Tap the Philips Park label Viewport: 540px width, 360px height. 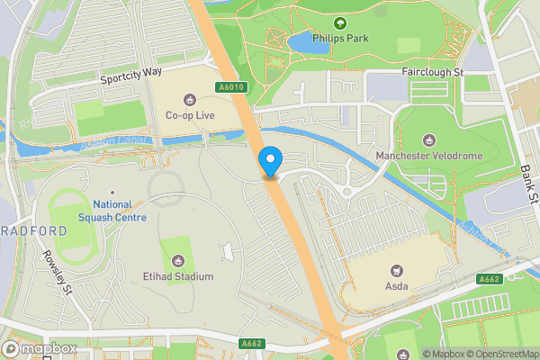(339, 40)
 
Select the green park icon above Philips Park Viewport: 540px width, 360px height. (339, 23)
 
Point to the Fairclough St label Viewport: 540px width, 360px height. (432, 71)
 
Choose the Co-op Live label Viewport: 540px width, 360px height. (189, 115)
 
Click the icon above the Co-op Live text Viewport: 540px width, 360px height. (189, 99)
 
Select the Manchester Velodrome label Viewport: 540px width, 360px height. (428, 156)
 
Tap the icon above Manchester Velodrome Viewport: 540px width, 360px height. (428, 139)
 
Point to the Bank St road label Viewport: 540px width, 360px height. (527, 184)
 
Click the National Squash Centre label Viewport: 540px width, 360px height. (113, 211)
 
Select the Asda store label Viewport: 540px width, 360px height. (396, 286)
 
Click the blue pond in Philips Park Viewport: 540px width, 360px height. (301, 41)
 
